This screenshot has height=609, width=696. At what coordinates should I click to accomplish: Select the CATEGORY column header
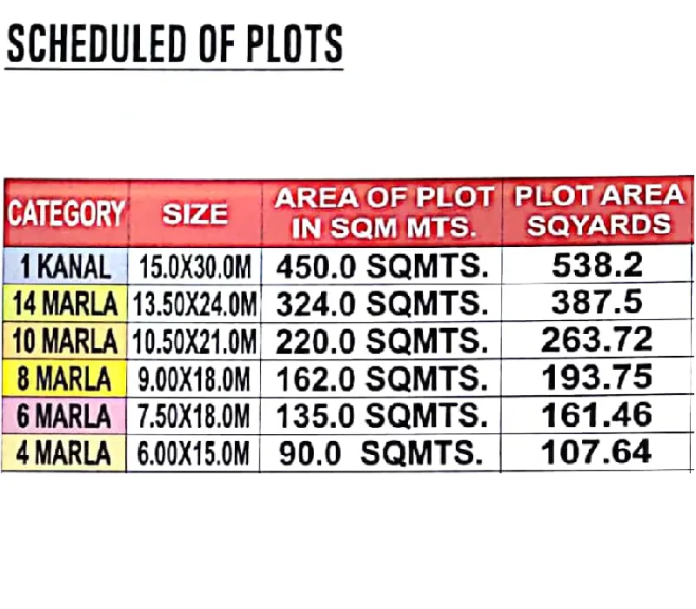tap(67, 213)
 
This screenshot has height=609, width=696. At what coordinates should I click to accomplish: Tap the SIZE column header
tap(195, 213)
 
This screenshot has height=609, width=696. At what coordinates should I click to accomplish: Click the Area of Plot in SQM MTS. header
tap(383, 212)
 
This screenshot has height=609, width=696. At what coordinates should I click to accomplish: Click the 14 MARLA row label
tap(66, 304)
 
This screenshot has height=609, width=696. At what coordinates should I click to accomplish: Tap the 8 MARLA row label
tap(66, 379)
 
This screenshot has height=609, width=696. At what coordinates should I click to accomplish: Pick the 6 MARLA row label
tap(66, 417)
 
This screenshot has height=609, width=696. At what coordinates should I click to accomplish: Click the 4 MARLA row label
tap(66, 454)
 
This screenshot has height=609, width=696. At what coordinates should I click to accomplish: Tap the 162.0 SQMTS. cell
tap(381, 379)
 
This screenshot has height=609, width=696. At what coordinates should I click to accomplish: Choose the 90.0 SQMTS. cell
tap(381, 454)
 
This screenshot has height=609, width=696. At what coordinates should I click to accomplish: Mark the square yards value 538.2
tap(596, 265)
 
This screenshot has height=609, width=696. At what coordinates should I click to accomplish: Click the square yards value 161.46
tap(596, 415)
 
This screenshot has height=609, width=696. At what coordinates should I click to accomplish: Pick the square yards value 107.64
tap(596, 452)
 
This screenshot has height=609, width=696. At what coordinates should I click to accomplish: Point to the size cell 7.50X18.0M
tap(195, 417)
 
